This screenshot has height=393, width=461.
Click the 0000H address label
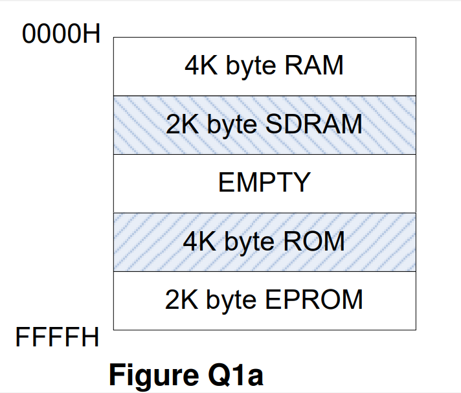[62, 34]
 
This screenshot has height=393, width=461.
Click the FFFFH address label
[58, 337]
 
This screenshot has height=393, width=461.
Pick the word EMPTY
[264, 183]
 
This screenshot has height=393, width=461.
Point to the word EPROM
[315, 300]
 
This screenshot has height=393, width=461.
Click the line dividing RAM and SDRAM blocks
[264, 96]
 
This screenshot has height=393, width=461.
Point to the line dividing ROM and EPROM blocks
[264, 271]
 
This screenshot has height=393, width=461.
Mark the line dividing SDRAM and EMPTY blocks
[264, 154]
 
